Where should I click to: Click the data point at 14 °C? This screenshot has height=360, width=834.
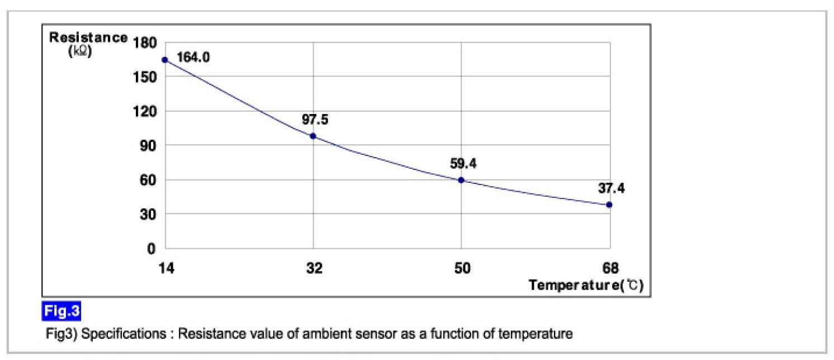(x=165, y=60)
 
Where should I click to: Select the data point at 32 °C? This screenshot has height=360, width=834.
(x=313, y=136)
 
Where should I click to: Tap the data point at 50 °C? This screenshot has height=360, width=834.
(x=461, y=180)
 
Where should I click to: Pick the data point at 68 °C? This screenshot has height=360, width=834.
(x=609, y=205)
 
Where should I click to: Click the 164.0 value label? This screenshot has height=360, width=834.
(x=193, y=57)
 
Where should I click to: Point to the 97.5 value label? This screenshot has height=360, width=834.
(x=315, y=120)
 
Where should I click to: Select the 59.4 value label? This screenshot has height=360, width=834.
(x=462, y=164)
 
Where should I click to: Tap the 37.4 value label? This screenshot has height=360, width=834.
(x=611, y=188)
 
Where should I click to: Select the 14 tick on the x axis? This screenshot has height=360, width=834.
(x=166, y=268)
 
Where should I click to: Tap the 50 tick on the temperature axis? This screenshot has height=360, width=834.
(x=462, y=268)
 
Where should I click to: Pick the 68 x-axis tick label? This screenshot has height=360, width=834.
(x=610, y=268)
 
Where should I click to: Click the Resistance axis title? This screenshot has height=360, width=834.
(x=88, y=38)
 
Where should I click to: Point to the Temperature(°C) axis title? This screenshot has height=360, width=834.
(x=586, y=285)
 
